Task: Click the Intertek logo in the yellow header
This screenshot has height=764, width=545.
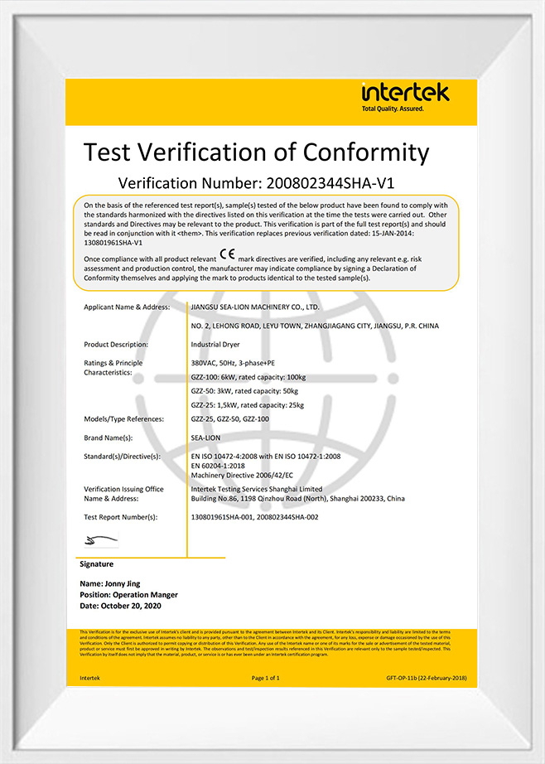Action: pos(404,96)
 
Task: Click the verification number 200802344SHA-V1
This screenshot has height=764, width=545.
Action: pos(330,182)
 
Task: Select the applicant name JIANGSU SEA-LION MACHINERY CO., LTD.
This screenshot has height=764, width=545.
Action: pos(254,307)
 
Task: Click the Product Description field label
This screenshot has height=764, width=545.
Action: pos(116,344)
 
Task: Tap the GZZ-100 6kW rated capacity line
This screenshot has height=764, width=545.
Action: pos(249,376)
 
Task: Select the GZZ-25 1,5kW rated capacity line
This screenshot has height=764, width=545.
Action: pos(247,404)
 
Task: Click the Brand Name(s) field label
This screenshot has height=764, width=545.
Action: pos(109,438)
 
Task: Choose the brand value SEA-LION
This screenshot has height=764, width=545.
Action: pos(206,438)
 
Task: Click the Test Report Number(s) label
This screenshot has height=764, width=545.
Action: pos(121,516)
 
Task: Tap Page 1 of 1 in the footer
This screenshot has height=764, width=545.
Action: pos(266,677)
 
